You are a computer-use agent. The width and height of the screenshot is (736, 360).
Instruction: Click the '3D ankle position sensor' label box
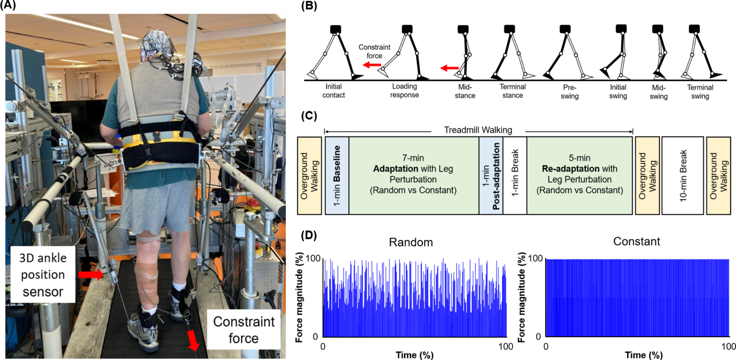(43, 274)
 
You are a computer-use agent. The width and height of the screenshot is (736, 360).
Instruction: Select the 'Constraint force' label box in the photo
(244, 330)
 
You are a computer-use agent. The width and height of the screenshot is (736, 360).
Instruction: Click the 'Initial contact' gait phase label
(333, 91)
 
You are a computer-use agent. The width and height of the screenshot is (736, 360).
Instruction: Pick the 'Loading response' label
(404, 91)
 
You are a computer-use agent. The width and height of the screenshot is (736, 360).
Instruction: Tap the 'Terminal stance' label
(512, 91)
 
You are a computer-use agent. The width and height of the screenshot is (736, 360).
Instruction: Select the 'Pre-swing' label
(570, 92)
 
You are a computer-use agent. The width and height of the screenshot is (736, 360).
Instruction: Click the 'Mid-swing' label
(659, 92)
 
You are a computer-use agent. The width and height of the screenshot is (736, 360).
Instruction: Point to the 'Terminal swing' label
(700, 92)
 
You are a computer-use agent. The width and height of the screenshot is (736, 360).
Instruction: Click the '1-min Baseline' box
(337, 176)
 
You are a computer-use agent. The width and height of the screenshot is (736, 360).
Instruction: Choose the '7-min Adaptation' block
(413, 174)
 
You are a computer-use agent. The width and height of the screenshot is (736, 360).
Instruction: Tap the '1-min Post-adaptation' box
(491, 176)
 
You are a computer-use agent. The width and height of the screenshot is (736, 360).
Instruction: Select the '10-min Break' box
(683, 176)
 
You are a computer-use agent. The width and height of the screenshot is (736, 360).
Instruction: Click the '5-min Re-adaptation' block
(580, 174)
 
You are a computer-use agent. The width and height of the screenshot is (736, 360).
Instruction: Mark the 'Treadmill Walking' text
(478, 130)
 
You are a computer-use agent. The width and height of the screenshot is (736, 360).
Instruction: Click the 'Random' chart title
(411, 243)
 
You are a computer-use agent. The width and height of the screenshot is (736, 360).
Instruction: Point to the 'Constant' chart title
(636, 242)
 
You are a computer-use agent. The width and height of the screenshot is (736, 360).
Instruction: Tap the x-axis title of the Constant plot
(644, 355)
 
